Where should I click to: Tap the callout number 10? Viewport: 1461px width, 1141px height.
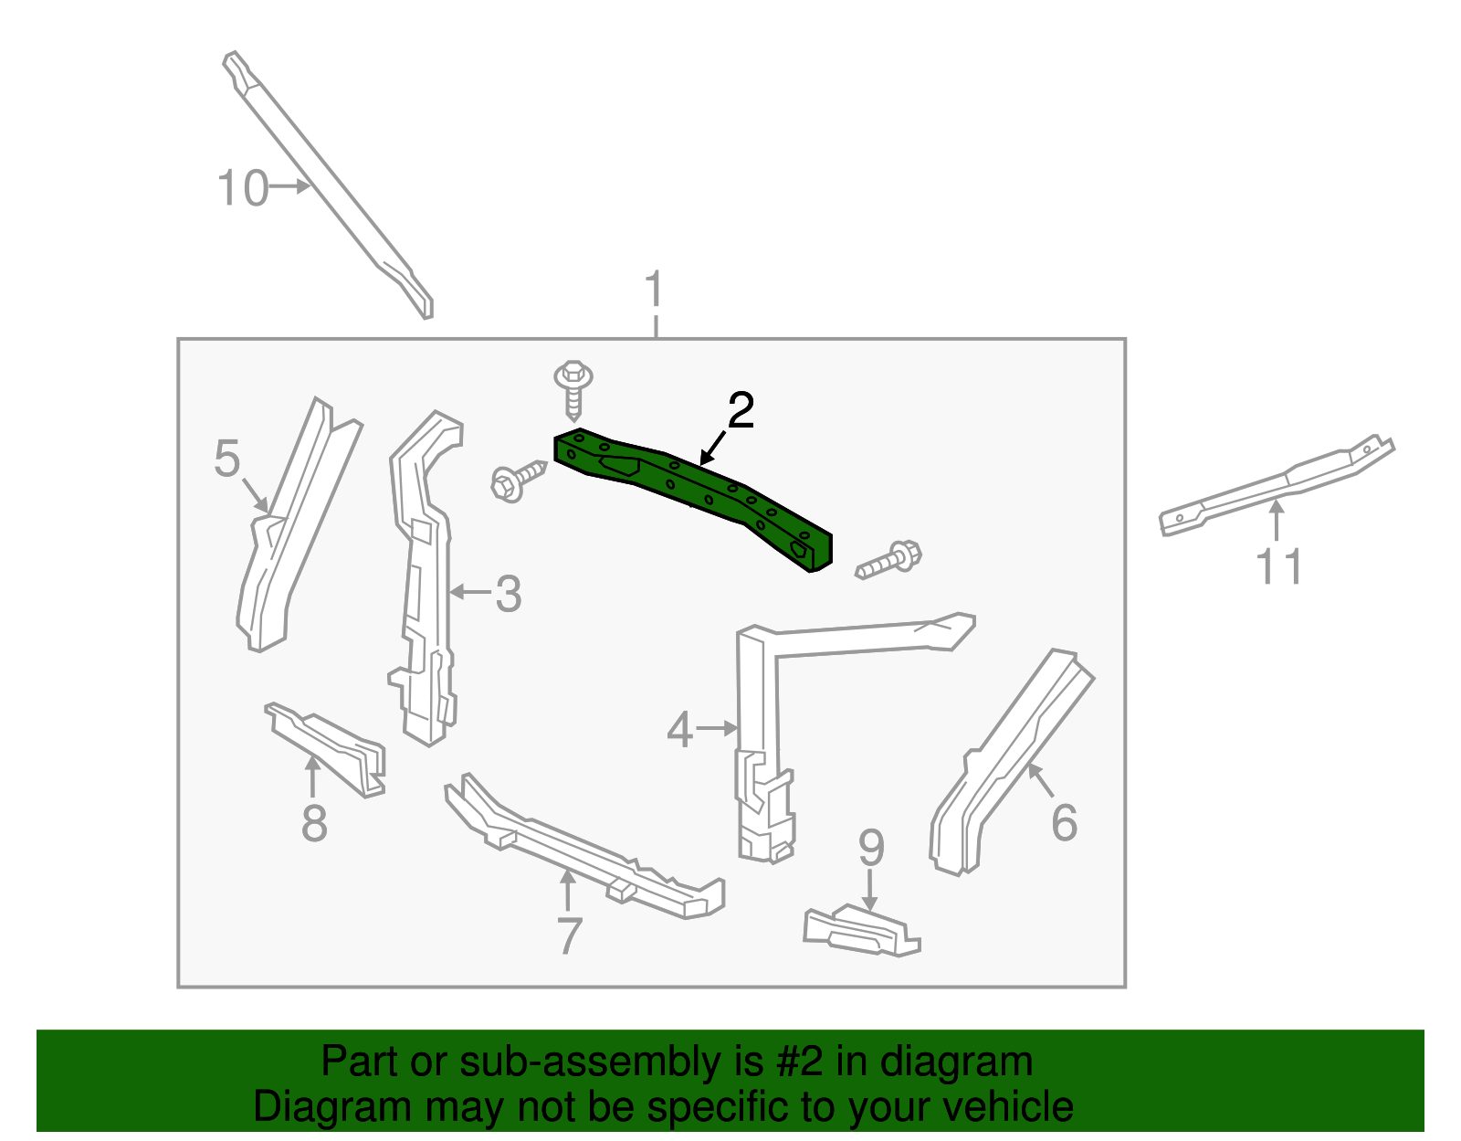243,189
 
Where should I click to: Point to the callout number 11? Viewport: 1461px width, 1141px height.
1279,567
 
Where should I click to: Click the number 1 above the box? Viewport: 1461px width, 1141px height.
654,291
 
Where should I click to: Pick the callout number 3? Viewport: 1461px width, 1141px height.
508,595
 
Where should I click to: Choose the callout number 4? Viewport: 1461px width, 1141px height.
679,730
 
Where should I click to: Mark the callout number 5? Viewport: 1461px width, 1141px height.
227,459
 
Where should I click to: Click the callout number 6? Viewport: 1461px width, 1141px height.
1065,822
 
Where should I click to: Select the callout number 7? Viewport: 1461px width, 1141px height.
569,936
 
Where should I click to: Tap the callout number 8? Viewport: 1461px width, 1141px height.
314,823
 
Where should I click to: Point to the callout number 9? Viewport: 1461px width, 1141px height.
871,849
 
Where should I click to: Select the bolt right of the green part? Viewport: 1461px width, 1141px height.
889,560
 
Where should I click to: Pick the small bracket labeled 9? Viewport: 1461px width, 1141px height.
861,931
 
